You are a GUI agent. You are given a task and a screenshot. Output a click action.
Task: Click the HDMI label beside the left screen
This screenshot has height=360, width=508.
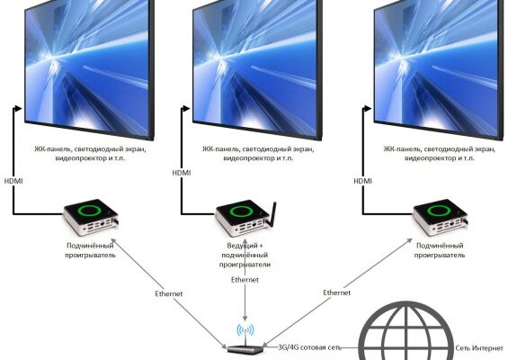click(x=13, y=181)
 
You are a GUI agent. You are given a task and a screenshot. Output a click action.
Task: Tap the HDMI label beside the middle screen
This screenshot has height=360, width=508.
click(x=182, y=173)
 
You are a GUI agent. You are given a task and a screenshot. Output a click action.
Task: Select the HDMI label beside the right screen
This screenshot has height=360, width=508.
click(x=363, y=181)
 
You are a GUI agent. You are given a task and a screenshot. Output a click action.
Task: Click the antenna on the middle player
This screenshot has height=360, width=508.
click(x=272, y=214)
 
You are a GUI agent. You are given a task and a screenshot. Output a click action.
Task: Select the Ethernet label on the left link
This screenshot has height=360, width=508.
click(x=169, y=293)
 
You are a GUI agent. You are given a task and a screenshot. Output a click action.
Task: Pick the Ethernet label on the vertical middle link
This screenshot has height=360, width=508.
click(x=245, y=280)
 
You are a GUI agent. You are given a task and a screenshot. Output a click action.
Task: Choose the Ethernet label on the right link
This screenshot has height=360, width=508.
click(x=337, y=292)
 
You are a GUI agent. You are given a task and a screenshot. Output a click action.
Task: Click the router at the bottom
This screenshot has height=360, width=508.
click(x=245, y=348)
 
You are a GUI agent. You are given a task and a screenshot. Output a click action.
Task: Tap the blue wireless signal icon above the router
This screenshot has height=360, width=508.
click(x=245, y=330)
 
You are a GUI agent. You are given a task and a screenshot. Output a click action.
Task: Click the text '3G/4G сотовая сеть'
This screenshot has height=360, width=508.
click(x=309, y=347)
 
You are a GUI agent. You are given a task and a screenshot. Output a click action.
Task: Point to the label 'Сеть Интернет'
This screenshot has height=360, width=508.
click(x=479, y=348)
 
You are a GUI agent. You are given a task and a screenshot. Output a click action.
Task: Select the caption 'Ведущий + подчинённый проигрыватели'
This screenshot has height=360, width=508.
click(x=245, y=255)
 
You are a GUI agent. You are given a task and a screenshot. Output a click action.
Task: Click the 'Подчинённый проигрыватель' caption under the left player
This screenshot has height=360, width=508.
click(x=90, y=250)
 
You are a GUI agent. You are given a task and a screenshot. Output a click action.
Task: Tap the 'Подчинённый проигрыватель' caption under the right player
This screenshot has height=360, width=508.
click(x=440, y=250)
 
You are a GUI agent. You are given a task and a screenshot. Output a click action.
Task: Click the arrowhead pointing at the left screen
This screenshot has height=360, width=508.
click(x=18, y=108)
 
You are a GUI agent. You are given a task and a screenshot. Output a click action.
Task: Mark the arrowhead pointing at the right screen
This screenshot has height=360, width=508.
click(x=368, y=108)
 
